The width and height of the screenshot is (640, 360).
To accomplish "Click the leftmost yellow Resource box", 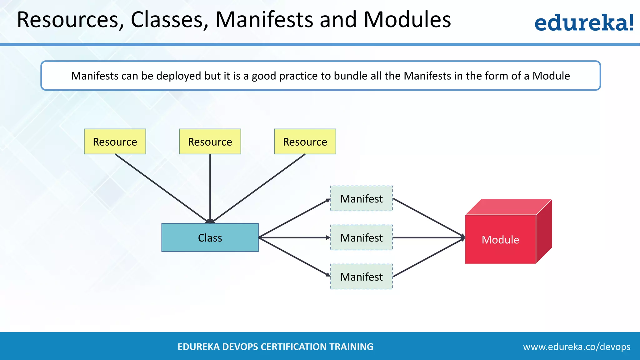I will [115, 142].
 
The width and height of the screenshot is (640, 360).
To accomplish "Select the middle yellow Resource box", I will [210, 142].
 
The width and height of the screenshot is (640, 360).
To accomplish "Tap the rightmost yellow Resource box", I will [305, 142].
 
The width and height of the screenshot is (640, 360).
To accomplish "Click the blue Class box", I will [210, 237].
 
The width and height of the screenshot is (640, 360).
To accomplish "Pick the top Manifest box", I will [362, 198].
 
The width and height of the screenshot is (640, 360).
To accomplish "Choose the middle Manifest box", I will [362, 237].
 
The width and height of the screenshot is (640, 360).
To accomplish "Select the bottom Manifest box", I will [362, 277].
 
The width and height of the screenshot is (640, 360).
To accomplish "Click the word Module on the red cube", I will [500, 240].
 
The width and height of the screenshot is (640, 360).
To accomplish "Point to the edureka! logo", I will [584, 22].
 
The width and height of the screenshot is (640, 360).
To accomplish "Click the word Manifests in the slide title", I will [264, 20].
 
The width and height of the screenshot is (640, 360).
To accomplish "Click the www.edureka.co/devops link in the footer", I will [577, 347].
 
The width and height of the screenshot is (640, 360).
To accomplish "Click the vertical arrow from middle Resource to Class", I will [210, 187].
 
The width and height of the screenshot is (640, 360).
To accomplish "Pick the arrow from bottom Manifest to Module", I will [428, 257].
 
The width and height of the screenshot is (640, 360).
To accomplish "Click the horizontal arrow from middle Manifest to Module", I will [428, 237].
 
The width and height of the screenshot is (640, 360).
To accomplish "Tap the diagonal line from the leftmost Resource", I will [161, 187].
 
